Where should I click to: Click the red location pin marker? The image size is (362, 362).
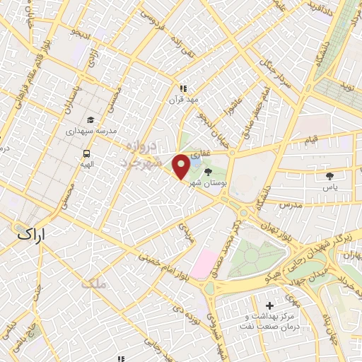click(181, 167)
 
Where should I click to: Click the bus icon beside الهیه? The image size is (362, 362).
click(86, 153)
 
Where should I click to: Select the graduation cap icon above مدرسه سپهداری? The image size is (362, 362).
click(90, 119)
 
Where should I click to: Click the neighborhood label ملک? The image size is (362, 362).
click(93, 285)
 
